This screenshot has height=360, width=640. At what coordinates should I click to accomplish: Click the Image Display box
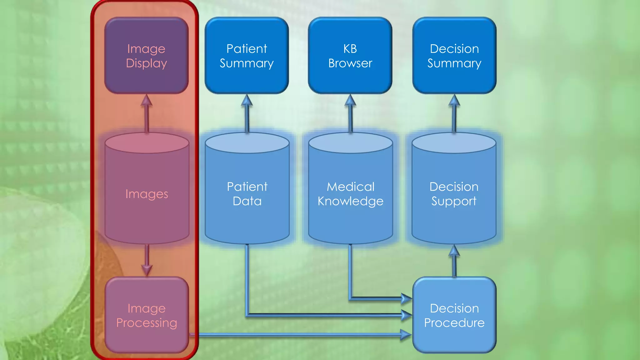(x=146, y=56)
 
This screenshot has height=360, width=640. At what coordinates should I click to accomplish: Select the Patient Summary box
(x=247, y=56)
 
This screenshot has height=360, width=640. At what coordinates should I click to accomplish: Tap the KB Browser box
(x=350, y=56)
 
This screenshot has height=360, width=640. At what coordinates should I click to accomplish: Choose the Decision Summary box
(x=454, y=56)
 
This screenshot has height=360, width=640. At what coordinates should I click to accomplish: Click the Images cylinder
(x=147, y=194)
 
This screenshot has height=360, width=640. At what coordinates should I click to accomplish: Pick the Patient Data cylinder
(x=247, y=194)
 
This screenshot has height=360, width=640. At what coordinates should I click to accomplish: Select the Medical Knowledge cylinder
(x=350, y=194)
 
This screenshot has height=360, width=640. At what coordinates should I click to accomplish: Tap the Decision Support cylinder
(x=454, y=194)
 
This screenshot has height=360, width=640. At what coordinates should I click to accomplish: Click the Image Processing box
(x=147, y=315)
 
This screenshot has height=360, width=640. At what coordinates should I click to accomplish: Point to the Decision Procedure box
(x=454, y=315)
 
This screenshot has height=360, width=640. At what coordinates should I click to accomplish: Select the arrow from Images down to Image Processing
(x=147, y=259)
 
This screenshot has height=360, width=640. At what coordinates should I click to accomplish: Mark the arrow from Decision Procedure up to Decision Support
(x=454, y=261)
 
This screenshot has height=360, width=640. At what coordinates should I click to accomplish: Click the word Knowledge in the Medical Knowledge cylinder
(x=350, y=201)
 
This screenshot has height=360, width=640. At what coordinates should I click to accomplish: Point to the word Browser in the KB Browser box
(x=350, y=63)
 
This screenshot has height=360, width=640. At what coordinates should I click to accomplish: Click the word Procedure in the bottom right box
(x=454, y=323)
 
